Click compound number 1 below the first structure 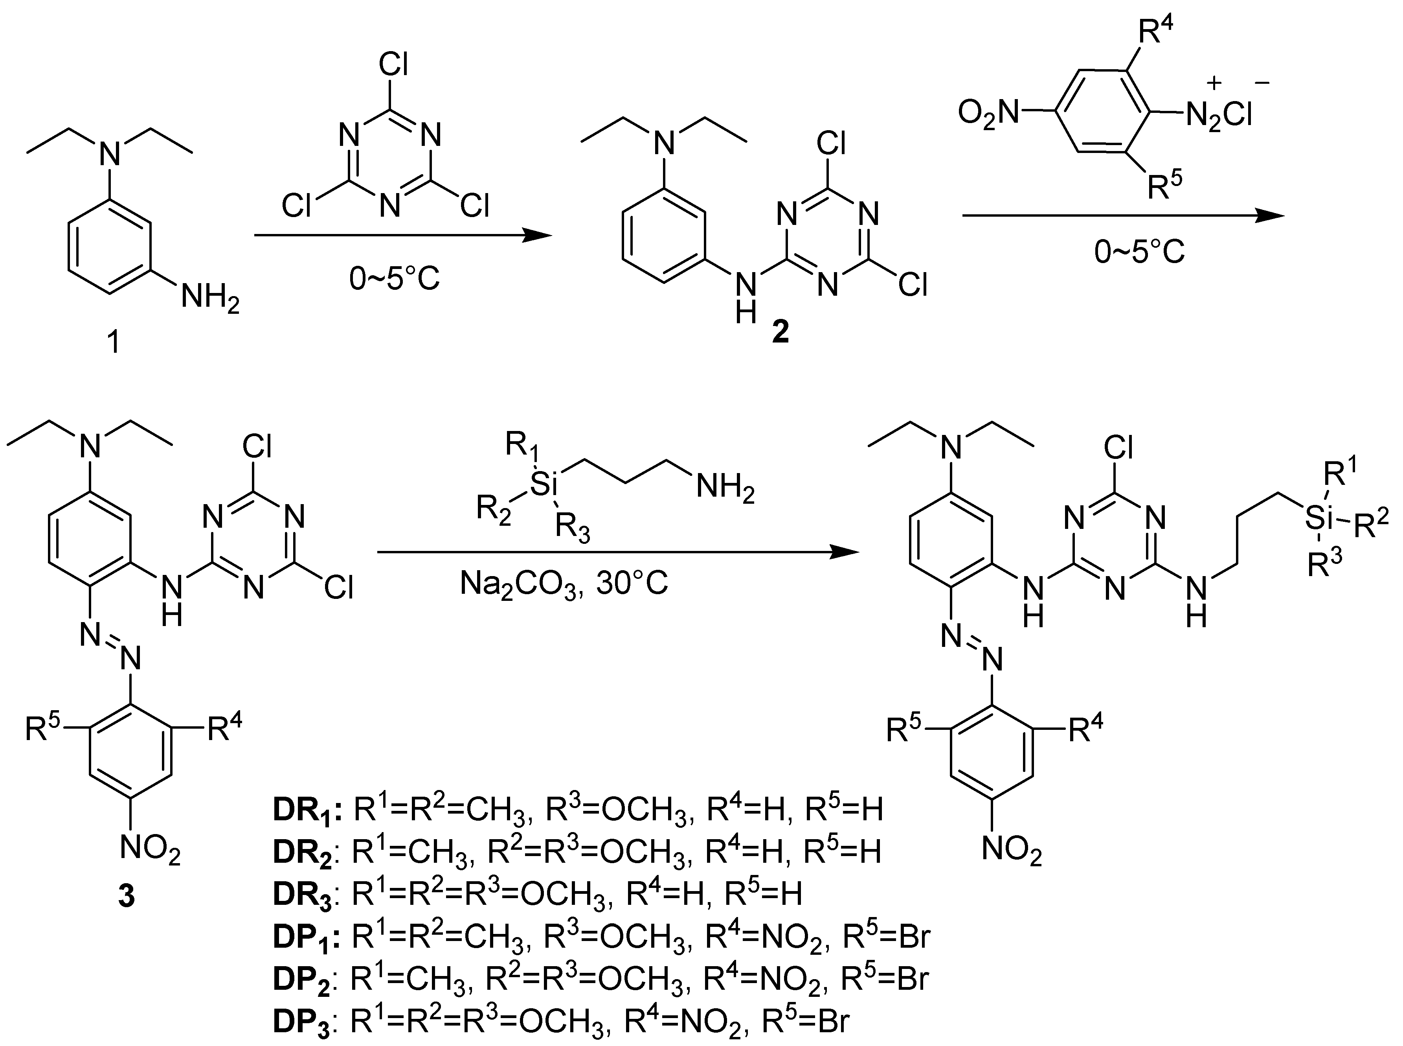coord(114,343)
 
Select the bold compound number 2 coord(780,331)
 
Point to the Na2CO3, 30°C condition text coord(563,584)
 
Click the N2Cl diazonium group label coord(1218,116)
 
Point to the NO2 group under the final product coord(1011,850)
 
